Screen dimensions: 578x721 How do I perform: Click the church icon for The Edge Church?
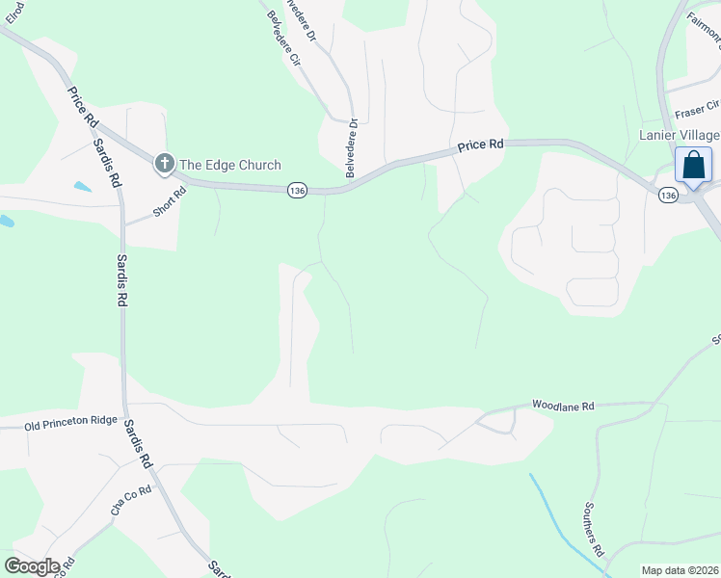[165, 165]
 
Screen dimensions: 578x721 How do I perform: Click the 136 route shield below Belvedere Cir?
[297, 192]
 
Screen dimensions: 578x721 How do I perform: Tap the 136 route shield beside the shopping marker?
[668, 196]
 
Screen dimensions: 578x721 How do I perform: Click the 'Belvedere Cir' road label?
[281, 39]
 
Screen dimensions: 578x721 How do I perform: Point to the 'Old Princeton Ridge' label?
[70, 423]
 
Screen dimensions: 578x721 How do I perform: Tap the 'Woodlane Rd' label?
[565, 407]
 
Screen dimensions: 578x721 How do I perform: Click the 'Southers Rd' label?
[594, 529]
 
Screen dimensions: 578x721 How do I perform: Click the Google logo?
[32, 566]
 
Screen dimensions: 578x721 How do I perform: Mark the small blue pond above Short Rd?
[82, 186]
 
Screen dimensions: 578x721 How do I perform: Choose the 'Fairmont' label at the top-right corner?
[703, 37]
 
